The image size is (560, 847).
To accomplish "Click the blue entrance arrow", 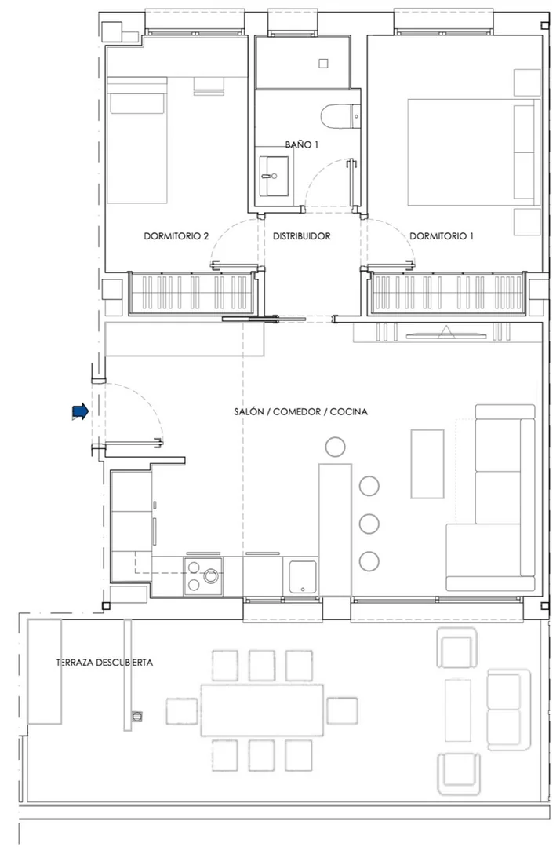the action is [80, 411].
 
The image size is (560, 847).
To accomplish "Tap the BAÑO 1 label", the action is [302, 144].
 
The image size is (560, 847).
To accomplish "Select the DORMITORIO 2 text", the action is [176, 236].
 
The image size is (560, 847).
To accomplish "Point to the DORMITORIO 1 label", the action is [442, 236].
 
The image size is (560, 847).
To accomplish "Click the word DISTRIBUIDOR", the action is [302, 236].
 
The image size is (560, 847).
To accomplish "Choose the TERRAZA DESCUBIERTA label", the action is [104, 663].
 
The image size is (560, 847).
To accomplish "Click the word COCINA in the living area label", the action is [348, 411].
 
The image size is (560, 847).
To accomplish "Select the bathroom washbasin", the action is [274, 176].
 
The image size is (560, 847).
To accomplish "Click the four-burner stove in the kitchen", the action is [203, 576].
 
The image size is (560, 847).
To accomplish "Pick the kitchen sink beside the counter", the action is [303, 578].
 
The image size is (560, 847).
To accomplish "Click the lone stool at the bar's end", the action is [335, 446].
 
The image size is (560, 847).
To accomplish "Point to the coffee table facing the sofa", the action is [427, 463].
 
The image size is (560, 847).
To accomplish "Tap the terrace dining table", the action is [262, 710].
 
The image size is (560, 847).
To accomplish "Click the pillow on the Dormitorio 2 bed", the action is [137, 103].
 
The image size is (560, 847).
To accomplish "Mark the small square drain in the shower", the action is [323, 64].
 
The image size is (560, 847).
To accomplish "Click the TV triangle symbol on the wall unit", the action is [445, 332].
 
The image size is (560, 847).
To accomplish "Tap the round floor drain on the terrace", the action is [138, 717].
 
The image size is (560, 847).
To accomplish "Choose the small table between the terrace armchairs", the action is [458, 710].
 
